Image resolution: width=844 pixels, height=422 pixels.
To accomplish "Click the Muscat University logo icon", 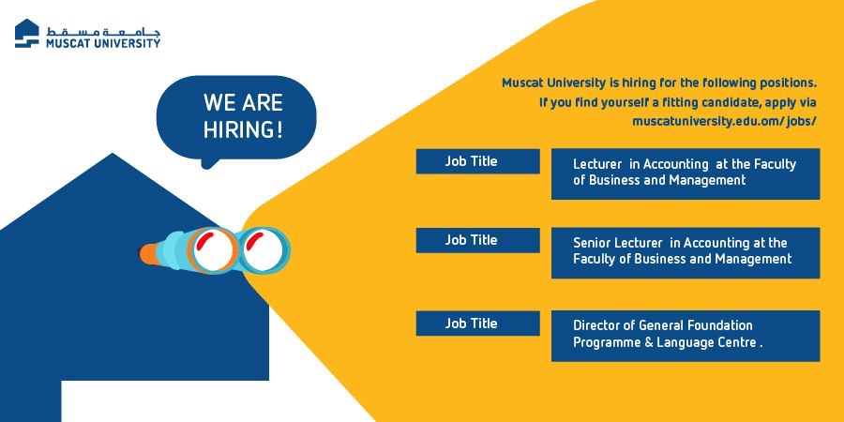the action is tap(27, 34).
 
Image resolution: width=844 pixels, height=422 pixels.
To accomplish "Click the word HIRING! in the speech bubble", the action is tap(243, 129).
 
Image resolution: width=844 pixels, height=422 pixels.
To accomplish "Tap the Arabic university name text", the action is tap(103, 31).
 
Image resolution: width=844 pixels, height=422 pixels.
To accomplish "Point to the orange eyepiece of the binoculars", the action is tap(148, 253).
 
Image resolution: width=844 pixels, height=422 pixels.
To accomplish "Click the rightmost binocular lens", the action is tap(264, 250).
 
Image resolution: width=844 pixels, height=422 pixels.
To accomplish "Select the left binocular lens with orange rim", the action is tap(214, 250).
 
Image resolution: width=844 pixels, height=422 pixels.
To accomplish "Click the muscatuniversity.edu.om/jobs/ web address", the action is tap(724, 121).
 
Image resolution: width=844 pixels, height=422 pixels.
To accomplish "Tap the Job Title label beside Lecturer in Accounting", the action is tap(471, 161).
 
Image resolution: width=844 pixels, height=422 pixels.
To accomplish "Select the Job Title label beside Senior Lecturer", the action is tap(471, 239).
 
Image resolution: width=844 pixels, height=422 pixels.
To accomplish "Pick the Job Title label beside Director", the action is tap(471, 323).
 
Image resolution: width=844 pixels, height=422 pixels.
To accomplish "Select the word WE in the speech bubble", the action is tap(218, 103).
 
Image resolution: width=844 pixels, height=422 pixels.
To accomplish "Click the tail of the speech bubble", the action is tap(209, 162).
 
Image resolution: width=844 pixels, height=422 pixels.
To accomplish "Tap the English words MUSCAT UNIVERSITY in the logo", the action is tap(103, 43).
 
